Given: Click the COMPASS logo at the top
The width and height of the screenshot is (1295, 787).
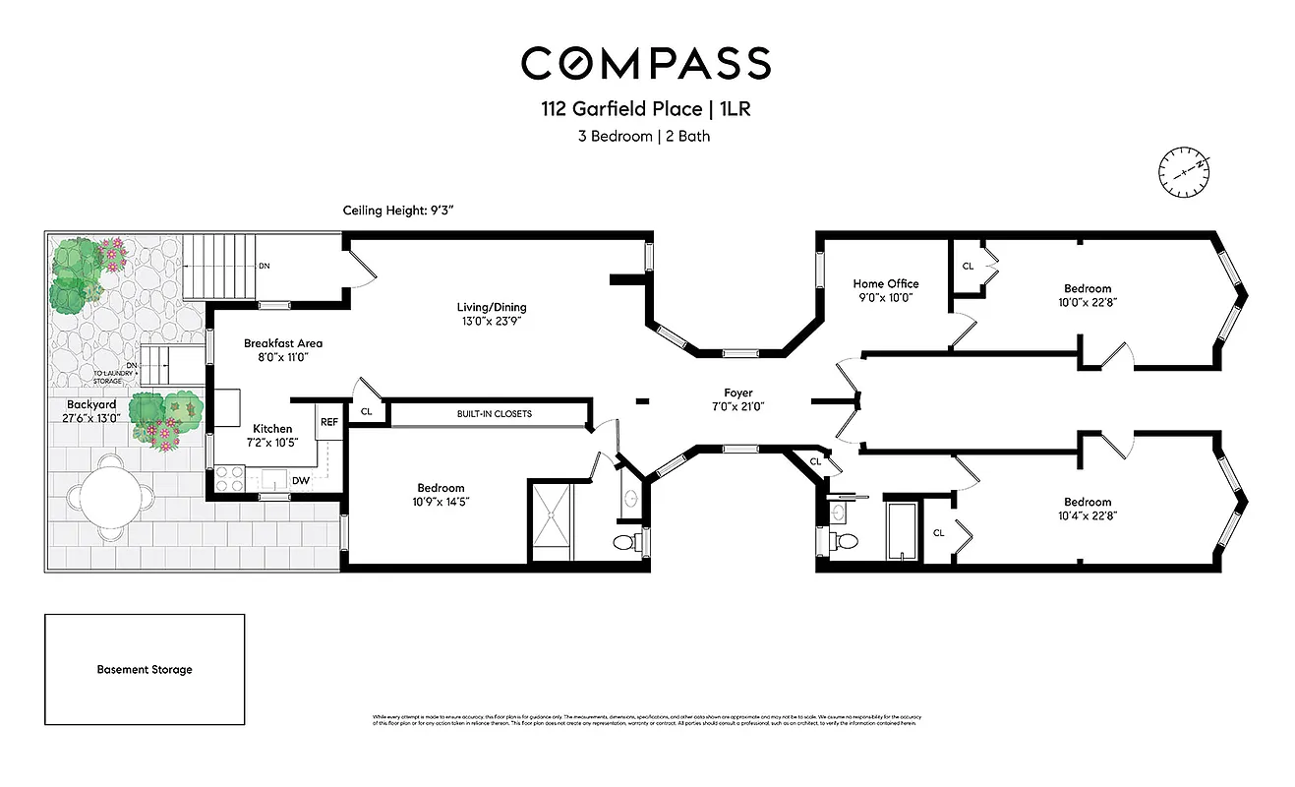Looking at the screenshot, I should click(x=646, y=63).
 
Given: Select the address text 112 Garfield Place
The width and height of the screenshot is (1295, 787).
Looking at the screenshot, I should click(x=608, y=110).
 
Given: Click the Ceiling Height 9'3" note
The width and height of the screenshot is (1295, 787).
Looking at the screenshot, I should click(x=397, y=211).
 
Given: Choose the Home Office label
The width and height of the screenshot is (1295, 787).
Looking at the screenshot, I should click(x=885, y=283).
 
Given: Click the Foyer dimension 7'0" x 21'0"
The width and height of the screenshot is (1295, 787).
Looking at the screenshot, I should click(x=737, y=406).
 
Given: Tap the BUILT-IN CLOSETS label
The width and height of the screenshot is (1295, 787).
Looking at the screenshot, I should click(x=493, y=414).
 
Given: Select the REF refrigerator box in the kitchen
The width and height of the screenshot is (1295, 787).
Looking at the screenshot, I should click(x=328, y=422).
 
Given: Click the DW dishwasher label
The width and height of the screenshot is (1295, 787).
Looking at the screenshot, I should click(x=301, y=480).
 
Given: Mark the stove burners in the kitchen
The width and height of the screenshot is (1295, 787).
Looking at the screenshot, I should click(x=229, y=479).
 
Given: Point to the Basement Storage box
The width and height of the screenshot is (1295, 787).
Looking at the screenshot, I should click(x=145, y=670).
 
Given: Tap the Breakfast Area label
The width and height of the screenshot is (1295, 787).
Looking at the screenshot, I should click(x=283, y=343).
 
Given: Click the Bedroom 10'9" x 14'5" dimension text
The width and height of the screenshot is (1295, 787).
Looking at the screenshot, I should click(x=441, y=502).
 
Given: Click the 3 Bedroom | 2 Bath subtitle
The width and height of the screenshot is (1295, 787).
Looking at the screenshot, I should click(x=643, y=137).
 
